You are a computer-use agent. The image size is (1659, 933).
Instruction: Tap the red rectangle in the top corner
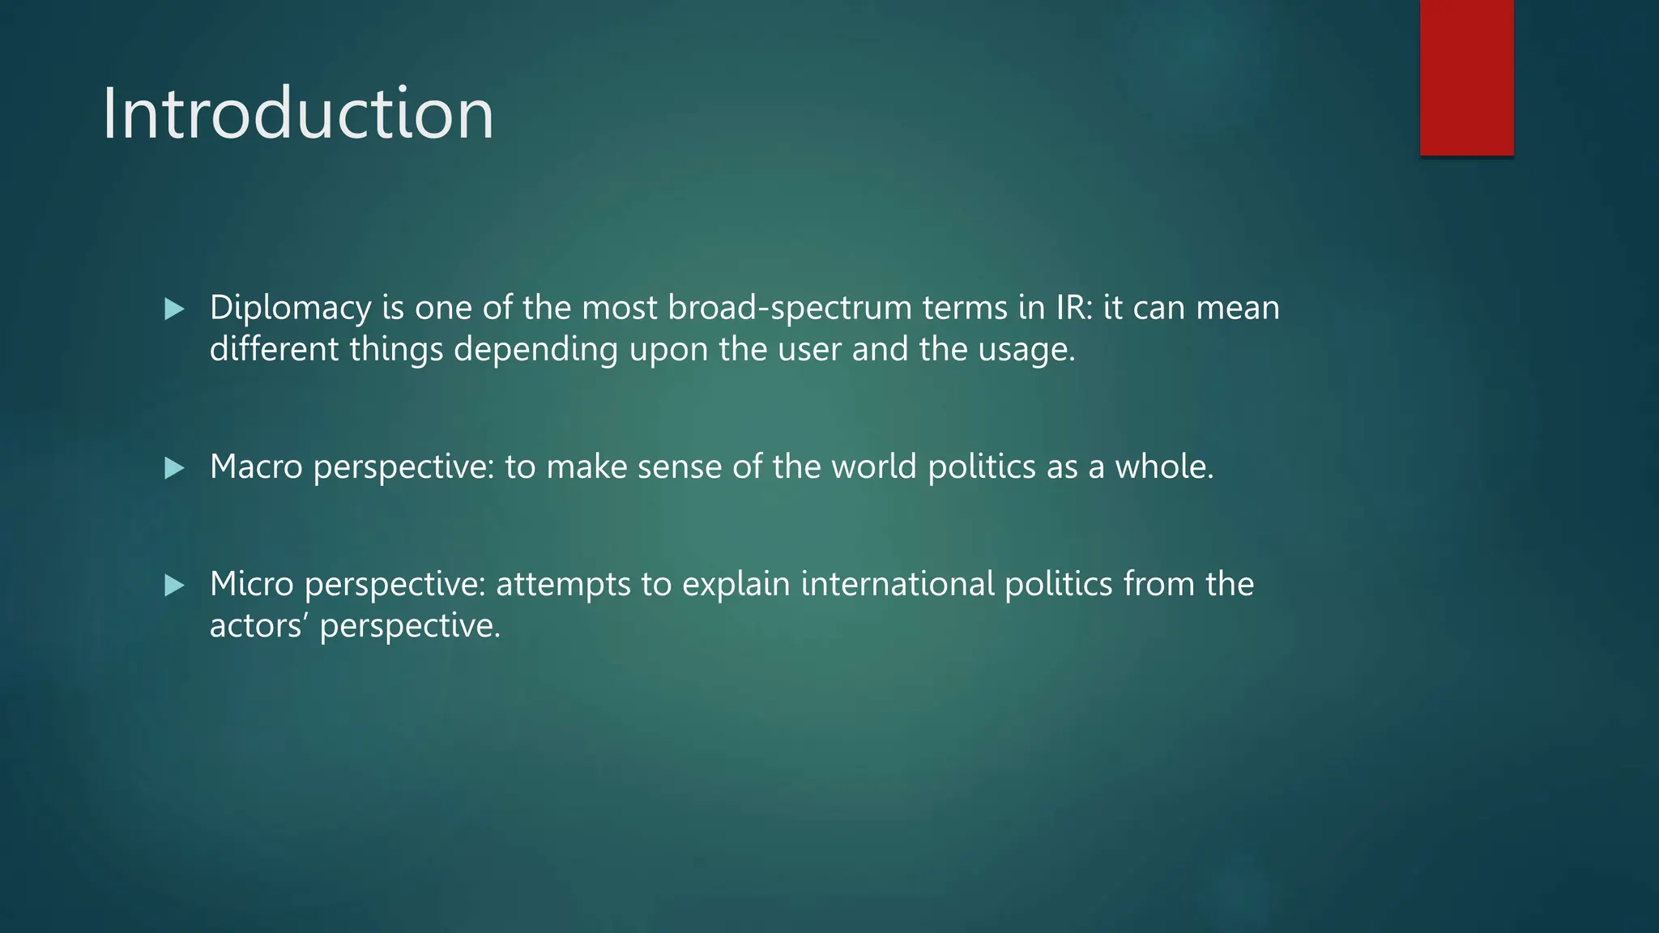1466,77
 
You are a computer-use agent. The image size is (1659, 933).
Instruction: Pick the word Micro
251,584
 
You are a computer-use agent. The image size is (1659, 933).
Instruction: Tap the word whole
1164,466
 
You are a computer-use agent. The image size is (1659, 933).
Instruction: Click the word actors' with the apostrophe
259,625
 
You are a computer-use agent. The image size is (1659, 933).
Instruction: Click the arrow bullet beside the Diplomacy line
174,309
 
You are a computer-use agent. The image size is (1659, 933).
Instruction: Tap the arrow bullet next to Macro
174,468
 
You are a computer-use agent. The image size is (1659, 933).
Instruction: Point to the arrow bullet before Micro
174,586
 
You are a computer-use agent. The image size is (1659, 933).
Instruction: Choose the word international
898,584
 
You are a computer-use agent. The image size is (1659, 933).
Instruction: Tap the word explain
736,585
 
